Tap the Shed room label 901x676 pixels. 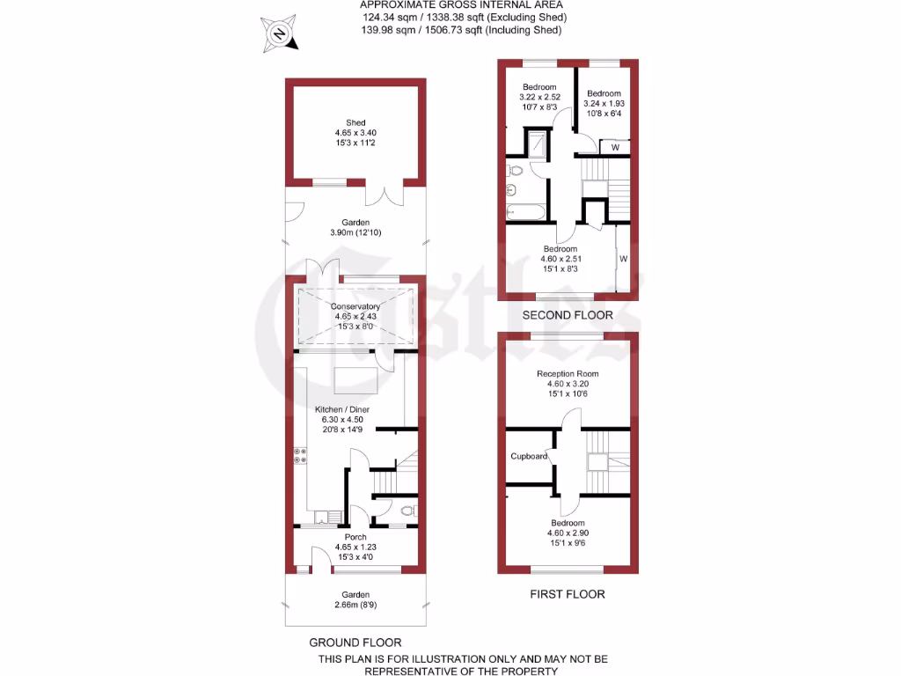click(355, 123)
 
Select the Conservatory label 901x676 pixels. click(355, 306)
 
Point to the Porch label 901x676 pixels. click(355, 537)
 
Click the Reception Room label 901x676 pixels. click(568, 374)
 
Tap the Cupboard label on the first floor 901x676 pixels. click(530, 456)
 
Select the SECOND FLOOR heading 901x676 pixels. click(568, 315)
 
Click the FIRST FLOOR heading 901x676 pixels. click(568, 594)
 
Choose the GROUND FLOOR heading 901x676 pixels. click(355, 643)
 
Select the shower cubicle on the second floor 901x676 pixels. click(536, 143)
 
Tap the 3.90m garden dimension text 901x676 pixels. click(356, 232)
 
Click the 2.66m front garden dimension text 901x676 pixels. click(355, 606)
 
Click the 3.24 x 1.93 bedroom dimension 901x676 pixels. click(604, 103)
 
